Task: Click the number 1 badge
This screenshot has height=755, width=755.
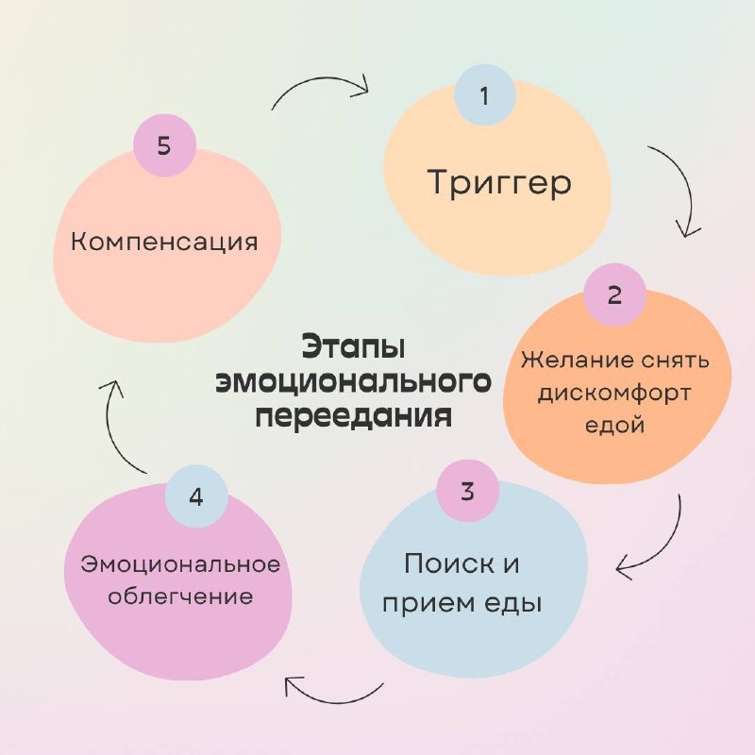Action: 485,95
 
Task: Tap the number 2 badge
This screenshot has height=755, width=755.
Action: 614,294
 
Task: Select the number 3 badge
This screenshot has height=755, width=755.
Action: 467,491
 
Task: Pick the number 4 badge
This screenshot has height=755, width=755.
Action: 196,496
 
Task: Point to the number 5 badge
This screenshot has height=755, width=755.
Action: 164,145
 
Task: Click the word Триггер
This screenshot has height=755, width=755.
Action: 499,183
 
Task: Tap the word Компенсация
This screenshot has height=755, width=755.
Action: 164,243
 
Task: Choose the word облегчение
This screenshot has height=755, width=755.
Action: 180,597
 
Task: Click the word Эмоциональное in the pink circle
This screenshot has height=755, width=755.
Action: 180,564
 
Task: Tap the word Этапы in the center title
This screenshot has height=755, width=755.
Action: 353,347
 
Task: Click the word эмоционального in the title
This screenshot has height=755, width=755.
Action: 353,382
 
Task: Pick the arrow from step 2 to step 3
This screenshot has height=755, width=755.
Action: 667,549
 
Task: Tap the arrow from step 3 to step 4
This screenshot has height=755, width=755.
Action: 332,699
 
